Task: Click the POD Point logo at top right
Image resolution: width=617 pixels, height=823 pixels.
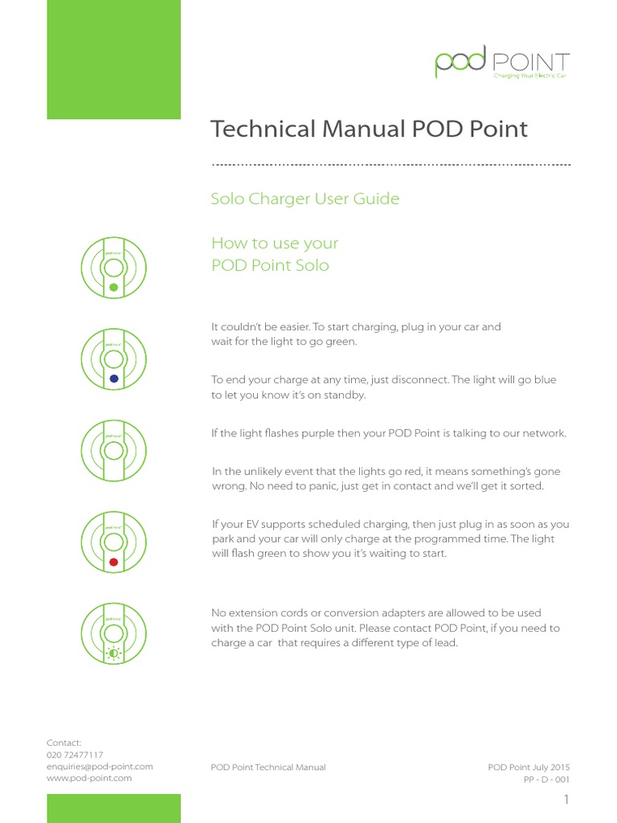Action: point(502,63)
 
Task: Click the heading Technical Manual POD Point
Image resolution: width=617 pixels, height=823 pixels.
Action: point(369,129)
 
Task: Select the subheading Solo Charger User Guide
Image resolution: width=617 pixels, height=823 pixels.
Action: point(304,199)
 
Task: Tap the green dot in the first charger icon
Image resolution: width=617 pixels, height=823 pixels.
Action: point(113,287)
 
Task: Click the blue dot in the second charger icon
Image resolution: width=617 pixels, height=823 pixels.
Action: point(113,379)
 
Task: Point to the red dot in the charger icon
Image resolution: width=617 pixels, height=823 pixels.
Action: point(113,563)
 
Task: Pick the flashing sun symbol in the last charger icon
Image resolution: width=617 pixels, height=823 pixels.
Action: point(113,653)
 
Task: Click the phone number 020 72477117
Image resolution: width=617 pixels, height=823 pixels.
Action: point(75,755)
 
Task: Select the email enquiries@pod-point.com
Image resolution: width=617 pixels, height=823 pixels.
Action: point(100,767)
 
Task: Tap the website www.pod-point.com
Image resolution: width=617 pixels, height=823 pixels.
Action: point(89,778)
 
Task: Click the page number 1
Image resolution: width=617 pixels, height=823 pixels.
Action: point(566,800)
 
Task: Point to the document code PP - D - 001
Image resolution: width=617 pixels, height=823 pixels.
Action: point(547,779)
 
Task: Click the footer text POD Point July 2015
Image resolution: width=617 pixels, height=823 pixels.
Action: point(529,768)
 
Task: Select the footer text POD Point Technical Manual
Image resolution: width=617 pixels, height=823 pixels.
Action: point(268,768)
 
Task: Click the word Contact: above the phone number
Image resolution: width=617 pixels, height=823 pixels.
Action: point(64,743)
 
